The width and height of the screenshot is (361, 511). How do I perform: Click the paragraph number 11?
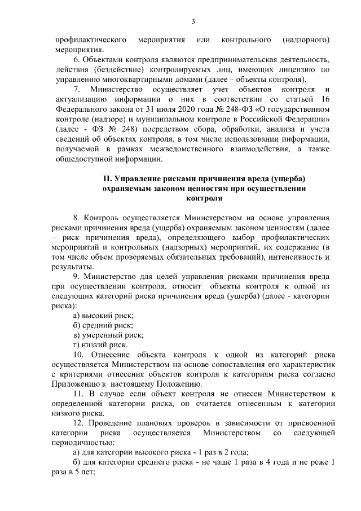point(78,394)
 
